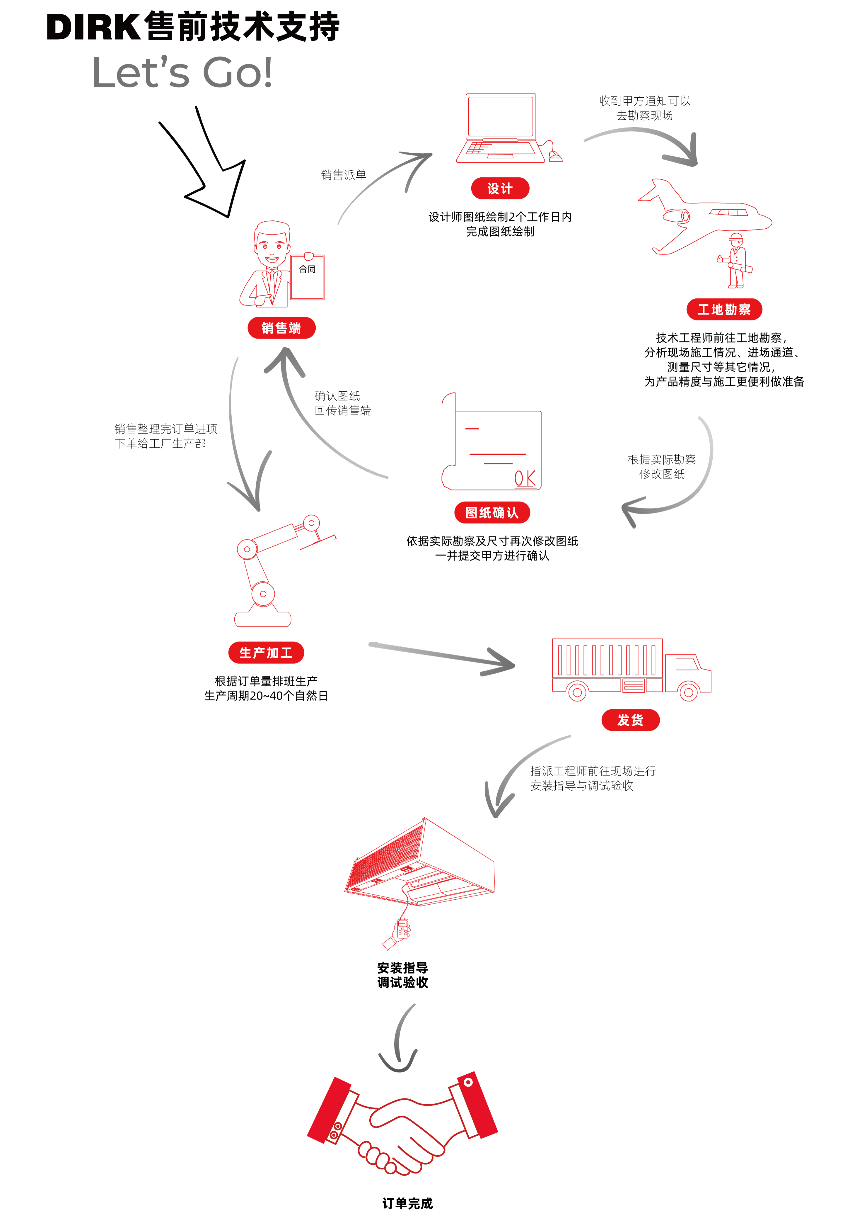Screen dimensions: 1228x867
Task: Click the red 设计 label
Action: point(500,188)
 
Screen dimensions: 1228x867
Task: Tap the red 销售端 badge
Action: point(281,328)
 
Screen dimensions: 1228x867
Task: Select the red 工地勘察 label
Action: point(724,309)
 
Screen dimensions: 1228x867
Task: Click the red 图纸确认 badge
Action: point(492,512)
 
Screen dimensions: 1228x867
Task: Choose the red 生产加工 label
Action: point(266,653)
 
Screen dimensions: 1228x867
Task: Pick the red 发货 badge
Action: point(630,720)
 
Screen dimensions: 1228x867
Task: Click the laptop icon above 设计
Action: point(502,128)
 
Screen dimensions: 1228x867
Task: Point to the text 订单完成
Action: point(407,1203)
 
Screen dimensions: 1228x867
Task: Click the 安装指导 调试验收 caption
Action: point(402,975)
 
